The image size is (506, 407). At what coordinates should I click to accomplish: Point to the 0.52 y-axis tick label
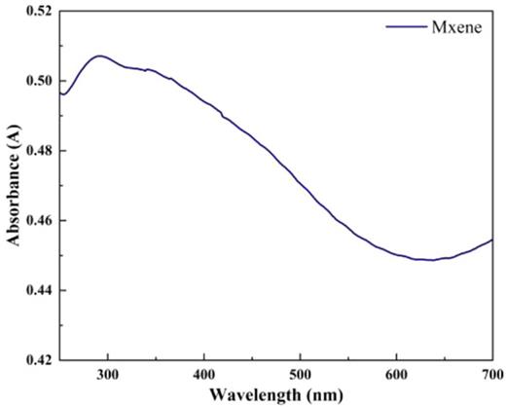click(36, 12)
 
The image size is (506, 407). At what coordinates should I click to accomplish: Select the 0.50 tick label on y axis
click(36, 81)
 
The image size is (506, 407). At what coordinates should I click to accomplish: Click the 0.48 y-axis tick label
click(36, 151)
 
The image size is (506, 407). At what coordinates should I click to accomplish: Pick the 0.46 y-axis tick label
click(36, 221)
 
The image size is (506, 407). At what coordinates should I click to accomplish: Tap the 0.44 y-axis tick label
click(36, 290)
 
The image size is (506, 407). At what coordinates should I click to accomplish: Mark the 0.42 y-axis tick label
click(36, 360)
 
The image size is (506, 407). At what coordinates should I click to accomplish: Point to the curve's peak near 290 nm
click(99, 55)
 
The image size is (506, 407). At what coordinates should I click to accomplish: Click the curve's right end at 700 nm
click(492, 240)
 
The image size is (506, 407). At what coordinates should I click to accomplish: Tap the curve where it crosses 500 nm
click(301, 183)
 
